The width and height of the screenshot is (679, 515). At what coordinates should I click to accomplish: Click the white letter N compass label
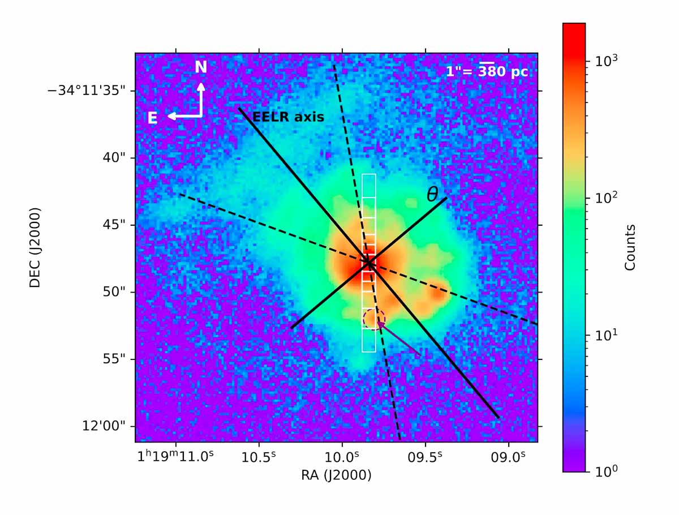201,67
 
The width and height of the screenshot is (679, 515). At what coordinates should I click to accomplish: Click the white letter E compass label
152,118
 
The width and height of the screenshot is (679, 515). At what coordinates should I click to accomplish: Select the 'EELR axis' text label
289,117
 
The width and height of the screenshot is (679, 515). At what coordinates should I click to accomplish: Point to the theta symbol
432,195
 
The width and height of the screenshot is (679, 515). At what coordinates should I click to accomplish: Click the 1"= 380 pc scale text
487,71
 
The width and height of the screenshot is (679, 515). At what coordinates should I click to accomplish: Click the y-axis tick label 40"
114,158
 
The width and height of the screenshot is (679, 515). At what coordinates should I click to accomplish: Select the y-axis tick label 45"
114,225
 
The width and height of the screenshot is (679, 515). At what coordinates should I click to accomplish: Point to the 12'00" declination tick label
104,426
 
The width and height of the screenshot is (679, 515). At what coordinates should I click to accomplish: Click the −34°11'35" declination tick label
87,91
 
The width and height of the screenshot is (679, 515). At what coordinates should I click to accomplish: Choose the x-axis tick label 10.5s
258,457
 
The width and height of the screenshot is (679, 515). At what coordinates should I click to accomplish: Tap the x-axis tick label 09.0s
508,457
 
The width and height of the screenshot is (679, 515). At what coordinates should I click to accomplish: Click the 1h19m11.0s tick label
175,457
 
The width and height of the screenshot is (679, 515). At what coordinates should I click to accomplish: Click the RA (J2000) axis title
336,475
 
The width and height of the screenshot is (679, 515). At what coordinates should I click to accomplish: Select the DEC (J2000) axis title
35,247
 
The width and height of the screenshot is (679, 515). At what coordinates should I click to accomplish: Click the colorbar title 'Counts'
630,247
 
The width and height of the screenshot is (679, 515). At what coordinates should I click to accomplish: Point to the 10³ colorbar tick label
606,61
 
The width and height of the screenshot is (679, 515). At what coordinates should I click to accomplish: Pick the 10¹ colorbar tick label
606,334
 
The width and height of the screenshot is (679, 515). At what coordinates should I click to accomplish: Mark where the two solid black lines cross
368,263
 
